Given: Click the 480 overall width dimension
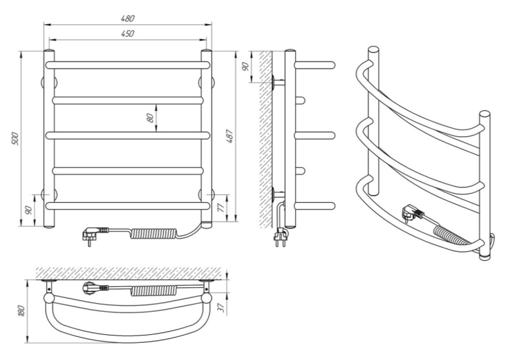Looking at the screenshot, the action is click(127, 18).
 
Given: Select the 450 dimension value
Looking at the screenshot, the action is click(127, 34).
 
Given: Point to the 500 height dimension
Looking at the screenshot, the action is click(16, 139).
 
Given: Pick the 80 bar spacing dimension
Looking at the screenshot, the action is click(150, 118).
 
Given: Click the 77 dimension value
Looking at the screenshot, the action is click(221, 208).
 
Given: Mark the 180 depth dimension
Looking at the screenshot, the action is click(22, 311).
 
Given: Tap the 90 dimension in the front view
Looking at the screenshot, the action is click(28, 210).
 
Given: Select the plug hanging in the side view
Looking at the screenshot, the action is click(280, 238).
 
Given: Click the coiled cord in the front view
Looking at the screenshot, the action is click(154, 233).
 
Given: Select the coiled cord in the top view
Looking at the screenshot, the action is click(154, 291).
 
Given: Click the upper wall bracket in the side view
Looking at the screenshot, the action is click(279, 82).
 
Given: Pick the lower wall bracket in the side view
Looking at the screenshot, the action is click(279, 194).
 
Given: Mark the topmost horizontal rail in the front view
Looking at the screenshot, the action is click(128, 65).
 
